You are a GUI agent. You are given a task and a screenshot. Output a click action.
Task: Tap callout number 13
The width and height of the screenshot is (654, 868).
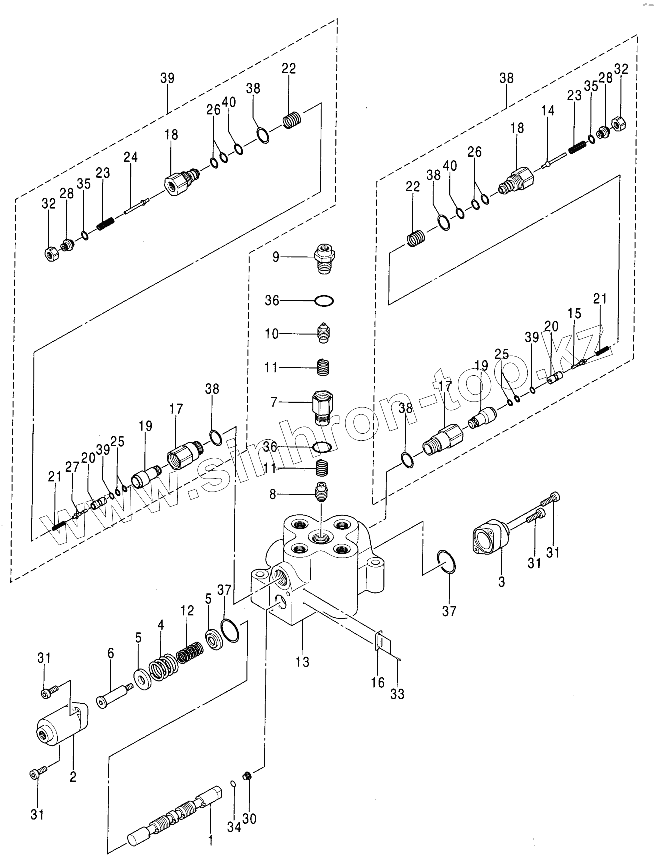point(302,662)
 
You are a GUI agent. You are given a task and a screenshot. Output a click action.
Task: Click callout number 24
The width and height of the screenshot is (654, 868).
point(131,157)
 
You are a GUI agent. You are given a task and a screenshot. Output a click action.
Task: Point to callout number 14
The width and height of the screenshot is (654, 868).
point(548,110)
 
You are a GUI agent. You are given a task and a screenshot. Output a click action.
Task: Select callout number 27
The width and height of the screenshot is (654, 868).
point(72,467)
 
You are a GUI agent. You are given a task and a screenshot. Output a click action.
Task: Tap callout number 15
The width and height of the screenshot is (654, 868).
point(575,314)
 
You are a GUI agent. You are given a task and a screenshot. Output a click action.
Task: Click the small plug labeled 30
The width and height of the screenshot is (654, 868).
point(246,790)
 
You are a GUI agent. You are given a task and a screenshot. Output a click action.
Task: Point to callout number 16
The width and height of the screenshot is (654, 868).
point(378,682)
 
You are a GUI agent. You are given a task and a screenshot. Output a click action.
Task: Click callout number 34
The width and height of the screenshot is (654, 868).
point(234,827)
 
